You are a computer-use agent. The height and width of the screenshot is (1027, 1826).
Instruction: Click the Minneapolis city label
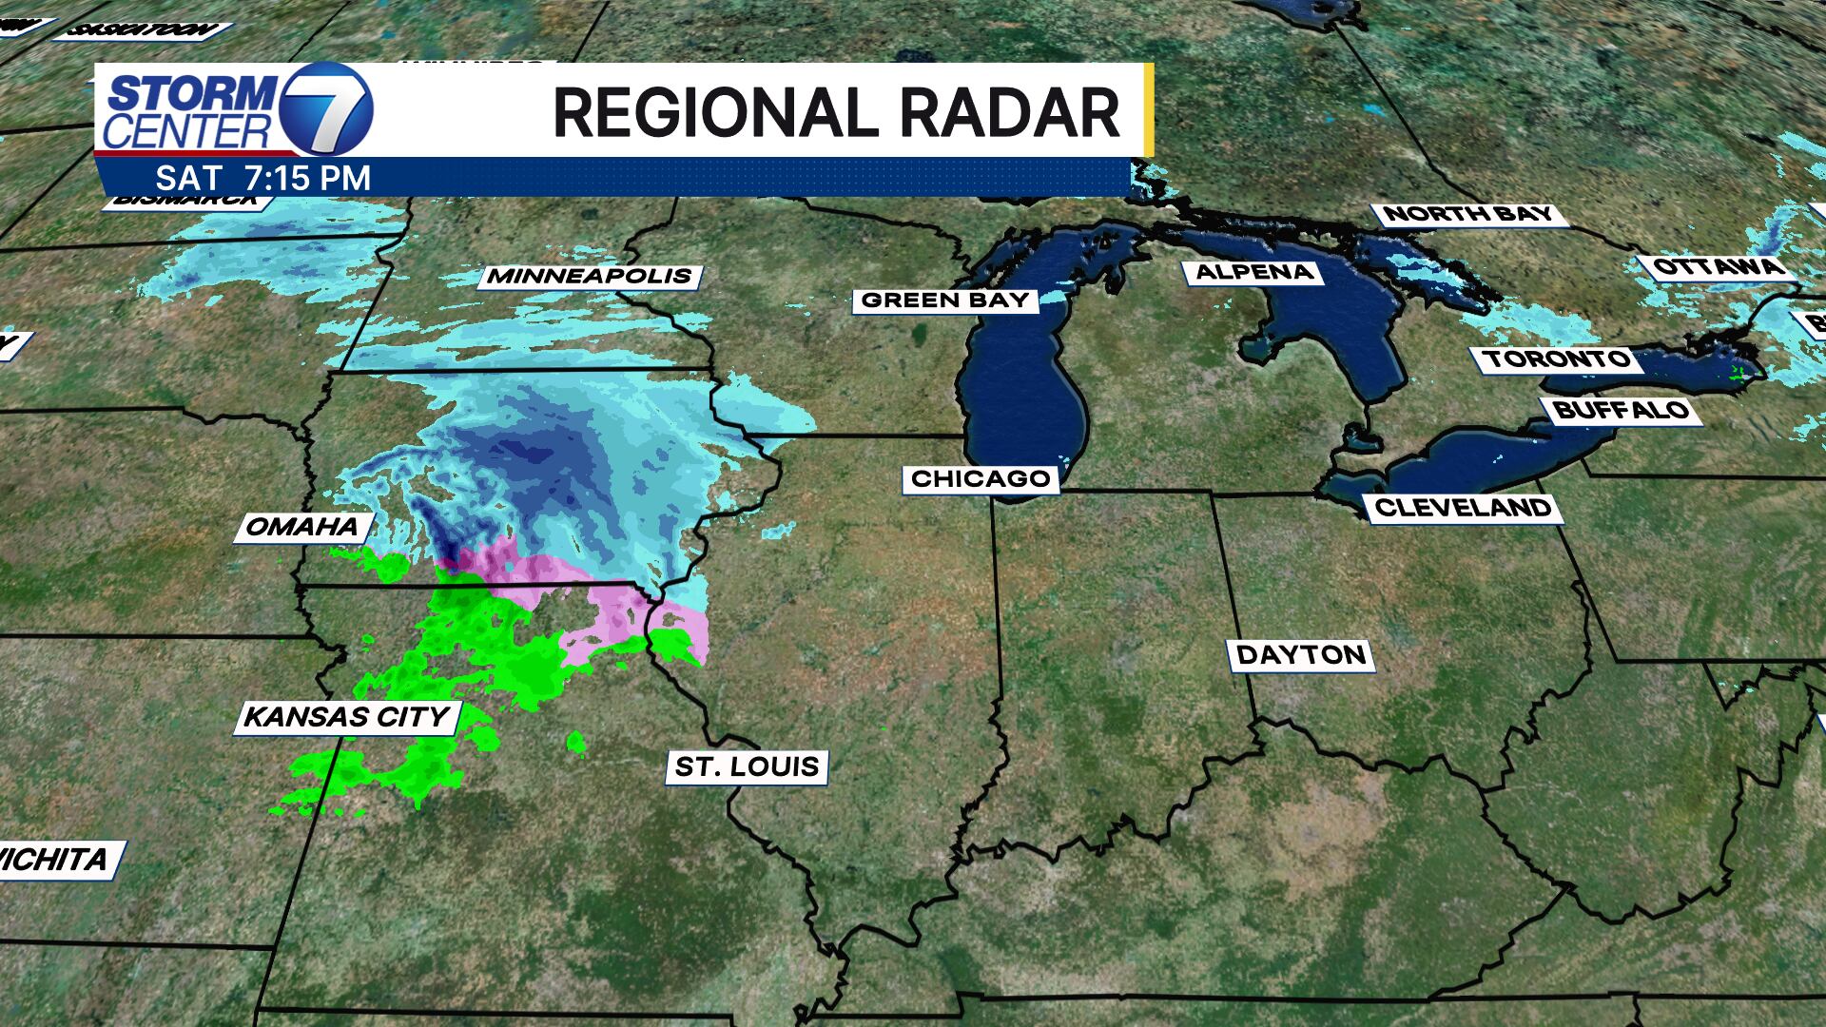590,277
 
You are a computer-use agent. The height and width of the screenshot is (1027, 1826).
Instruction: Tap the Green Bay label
945,300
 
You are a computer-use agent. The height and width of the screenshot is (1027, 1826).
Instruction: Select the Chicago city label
981,478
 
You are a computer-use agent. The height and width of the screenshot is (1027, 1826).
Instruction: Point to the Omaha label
302,527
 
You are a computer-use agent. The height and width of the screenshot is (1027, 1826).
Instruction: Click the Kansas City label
347,717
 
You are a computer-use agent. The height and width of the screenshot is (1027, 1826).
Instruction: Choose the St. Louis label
747,766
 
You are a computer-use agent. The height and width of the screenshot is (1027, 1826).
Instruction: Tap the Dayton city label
1301,654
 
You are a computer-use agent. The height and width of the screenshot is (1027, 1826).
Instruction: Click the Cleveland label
1463,508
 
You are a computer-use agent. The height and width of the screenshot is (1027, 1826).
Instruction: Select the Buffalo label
1621,411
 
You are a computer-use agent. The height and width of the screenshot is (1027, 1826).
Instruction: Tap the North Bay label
1467,214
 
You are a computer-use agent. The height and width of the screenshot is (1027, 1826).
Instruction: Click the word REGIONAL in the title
711,113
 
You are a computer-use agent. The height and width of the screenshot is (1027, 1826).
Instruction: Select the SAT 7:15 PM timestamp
263,178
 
